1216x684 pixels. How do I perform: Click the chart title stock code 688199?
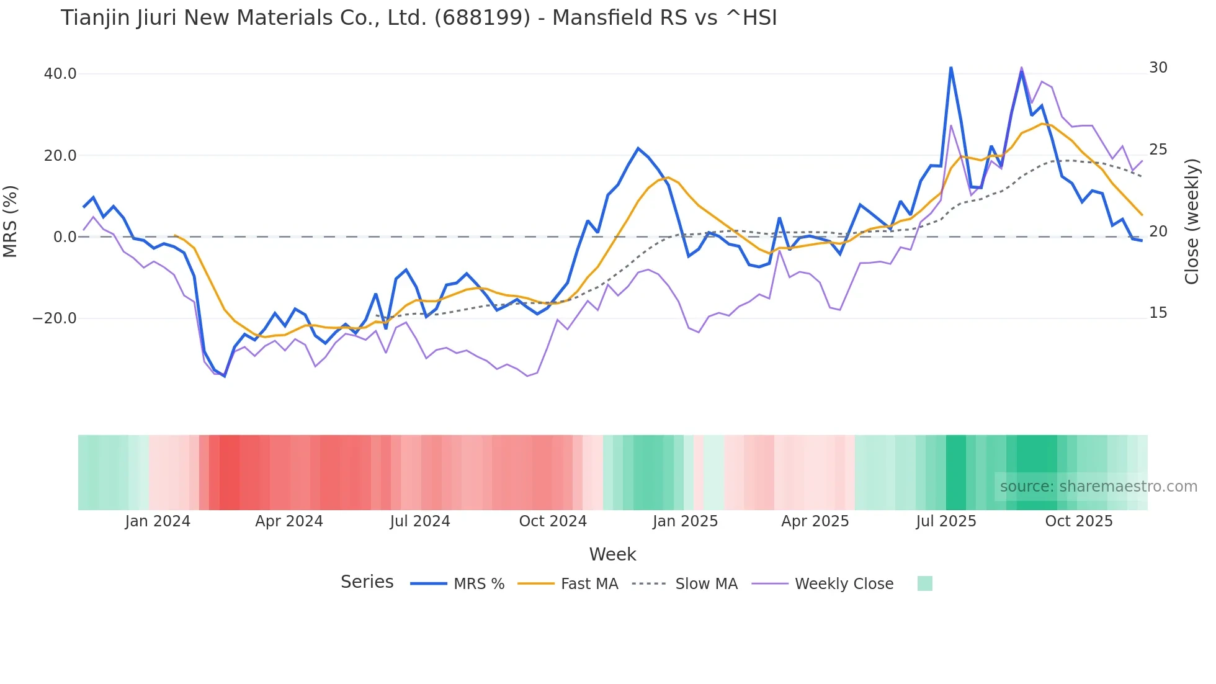482,18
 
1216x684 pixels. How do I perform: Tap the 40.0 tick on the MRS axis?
60,74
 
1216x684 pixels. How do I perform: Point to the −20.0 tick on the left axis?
55,318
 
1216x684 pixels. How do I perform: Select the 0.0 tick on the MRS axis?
65,237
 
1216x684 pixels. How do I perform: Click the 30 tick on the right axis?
1158,68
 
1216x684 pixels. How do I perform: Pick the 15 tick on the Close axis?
1158,313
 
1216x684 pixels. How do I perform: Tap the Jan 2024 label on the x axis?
158,521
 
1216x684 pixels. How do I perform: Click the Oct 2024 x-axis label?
553,521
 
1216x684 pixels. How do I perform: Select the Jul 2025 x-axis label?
946,521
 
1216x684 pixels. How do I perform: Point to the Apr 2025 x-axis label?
815,521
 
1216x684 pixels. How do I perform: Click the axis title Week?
612,554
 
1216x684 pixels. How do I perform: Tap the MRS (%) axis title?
11,222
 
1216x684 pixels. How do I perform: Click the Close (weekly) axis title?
1191,222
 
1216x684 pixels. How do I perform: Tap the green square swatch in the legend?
924,583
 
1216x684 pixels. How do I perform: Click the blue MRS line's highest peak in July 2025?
950,68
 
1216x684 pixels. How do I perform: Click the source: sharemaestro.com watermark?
1098,487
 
